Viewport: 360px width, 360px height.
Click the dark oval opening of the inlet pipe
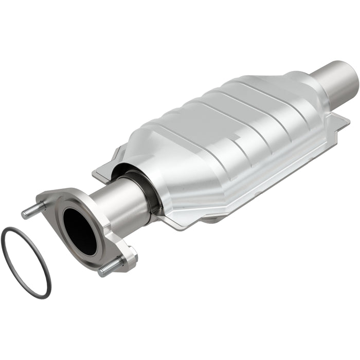80,231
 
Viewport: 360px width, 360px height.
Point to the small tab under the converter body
216,218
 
